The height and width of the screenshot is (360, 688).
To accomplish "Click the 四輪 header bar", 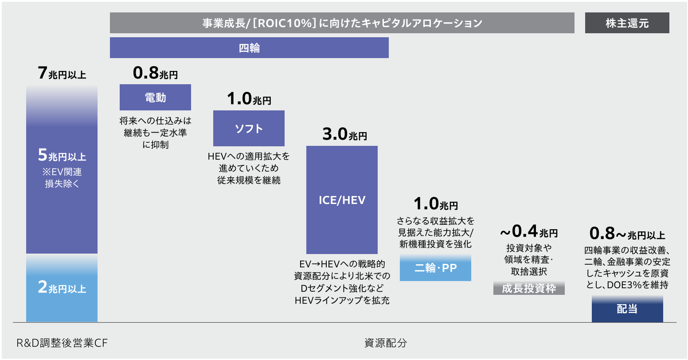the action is click(249, 47).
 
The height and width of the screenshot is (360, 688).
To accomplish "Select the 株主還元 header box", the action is click(627, 23).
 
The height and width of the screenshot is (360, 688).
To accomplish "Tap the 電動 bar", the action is click(155, 98).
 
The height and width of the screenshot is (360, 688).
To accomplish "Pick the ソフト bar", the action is click(249, 129).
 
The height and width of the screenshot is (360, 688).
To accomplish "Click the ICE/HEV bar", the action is click(342, 200).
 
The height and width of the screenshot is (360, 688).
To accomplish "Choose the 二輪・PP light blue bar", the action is click(435, 267).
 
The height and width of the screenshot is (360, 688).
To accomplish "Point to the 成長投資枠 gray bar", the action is click(529, 288).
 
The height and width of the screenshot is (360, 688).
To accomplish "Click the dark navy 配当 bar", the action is click(627, 309).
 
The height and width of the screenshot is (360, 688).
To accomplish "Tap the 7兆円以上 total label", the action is click(62, 74).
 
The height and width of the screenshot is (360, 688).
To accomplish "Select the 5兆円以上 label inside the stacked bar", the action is click(62, 155).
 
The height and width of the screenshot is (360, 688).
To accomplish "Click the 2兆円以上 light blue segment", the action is click(62, 288).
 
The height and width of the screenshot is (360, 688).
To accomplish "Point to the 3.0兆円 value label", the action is click(344, 134).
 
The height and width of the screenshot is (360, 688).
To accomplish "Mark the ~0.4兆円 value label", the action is click(529, 231).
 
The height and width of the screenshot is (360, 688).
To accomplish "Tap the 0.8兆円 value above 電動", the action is click(155, 74).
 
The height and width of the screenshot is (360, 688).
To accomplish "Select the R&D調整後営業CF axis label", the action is click(62, 343).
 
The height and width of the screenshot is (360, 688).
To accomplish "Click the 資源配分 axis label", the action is click(386, 343).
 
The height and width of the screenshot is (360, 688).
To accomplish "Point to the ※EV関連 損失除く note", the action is click(62, 177).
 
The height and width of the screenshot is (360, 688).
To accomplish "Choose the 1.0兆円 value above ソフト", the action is click(249, 99).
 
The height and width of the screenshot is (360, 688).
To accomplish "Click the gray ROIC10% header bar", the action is click(342, 23).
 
